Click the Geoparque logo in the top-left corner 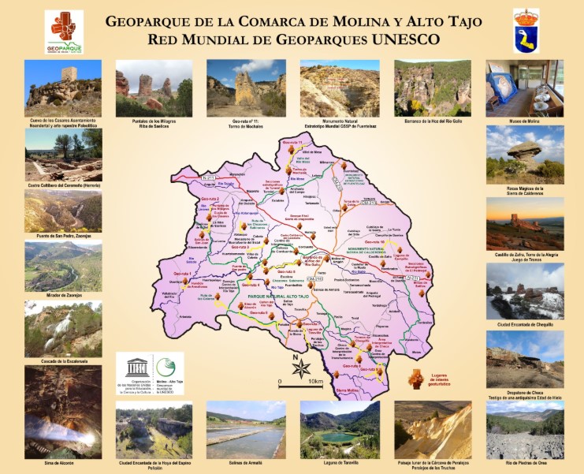click(x=64, y=32)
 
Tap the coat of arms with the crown click(x=526, y=31)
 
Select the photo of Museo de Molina click(x=524, y=87)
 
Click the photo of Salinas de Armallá click(x=246, y=429)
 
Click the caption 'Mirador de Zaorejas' click(x=63, y=297)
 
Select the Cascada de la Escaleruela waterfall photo click(x=63, y=328)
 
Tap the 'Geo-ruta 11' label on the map click(x=292, y=142)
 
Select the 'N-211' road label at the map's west click(x=208, y=178)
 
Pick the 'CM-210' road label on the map click(x=315, y=279)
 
